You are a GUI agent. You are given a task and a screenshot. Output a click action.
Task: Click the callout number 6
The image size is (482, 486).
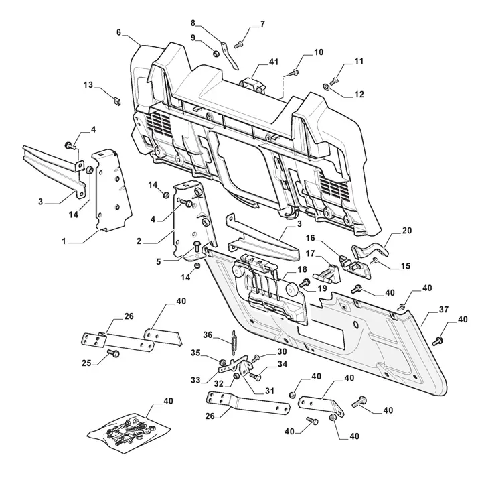(x=118, y=32)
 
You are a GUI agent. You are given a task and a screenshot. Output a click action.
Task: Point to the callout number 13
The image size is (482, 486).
(x=88, y=85)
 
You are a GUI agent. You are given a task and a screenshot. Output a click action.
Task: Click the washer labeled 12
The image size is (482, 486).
(x=325, y=85)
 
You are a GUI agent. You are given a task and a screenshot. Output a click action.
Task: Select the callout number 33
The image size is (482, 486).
(x=195, y=380)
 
